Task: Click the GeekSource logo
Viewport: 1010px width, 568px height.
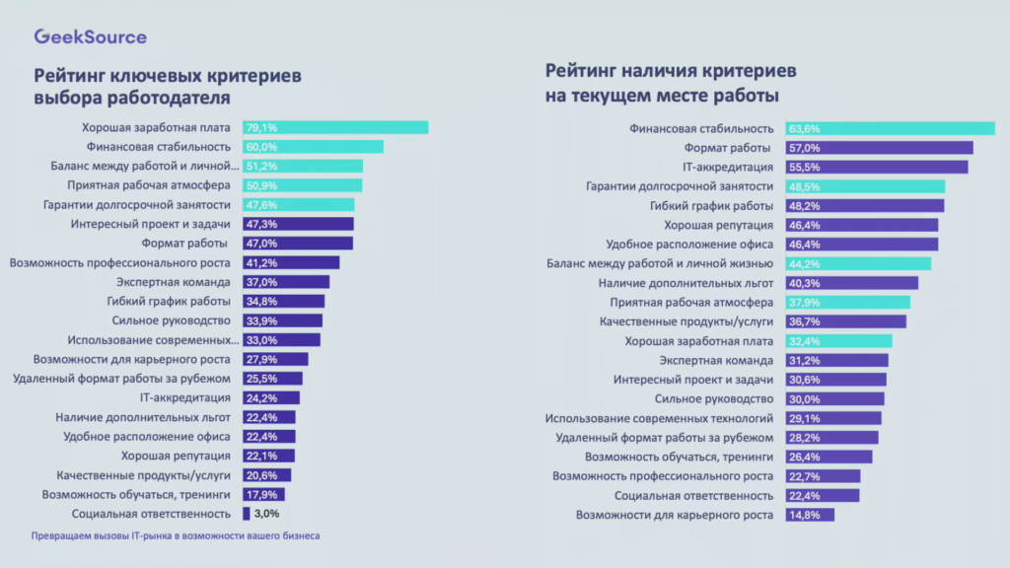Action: pos(90,36)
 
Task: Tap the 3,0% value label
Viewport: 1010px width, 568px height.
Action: pos(266,514)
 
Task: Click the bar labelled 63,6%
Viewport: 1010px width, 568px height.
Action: pos(890,128)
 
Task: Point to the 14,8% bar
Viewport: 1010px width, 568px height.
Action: pos(810,514)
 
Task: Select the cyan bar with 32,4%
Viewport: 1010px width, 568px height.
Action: pos(838,340)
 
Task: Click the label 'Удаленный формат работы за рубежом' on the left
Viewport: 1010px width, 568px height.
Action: pos(121,379)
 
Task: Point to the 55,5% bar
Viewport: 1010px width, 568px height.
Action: pos(876,167)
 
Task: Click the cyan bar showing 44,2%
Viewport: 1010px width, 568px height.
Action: pos(858,263)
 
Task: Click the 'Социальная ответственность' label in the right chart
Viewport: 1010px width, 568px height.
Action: pos(693,495)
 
